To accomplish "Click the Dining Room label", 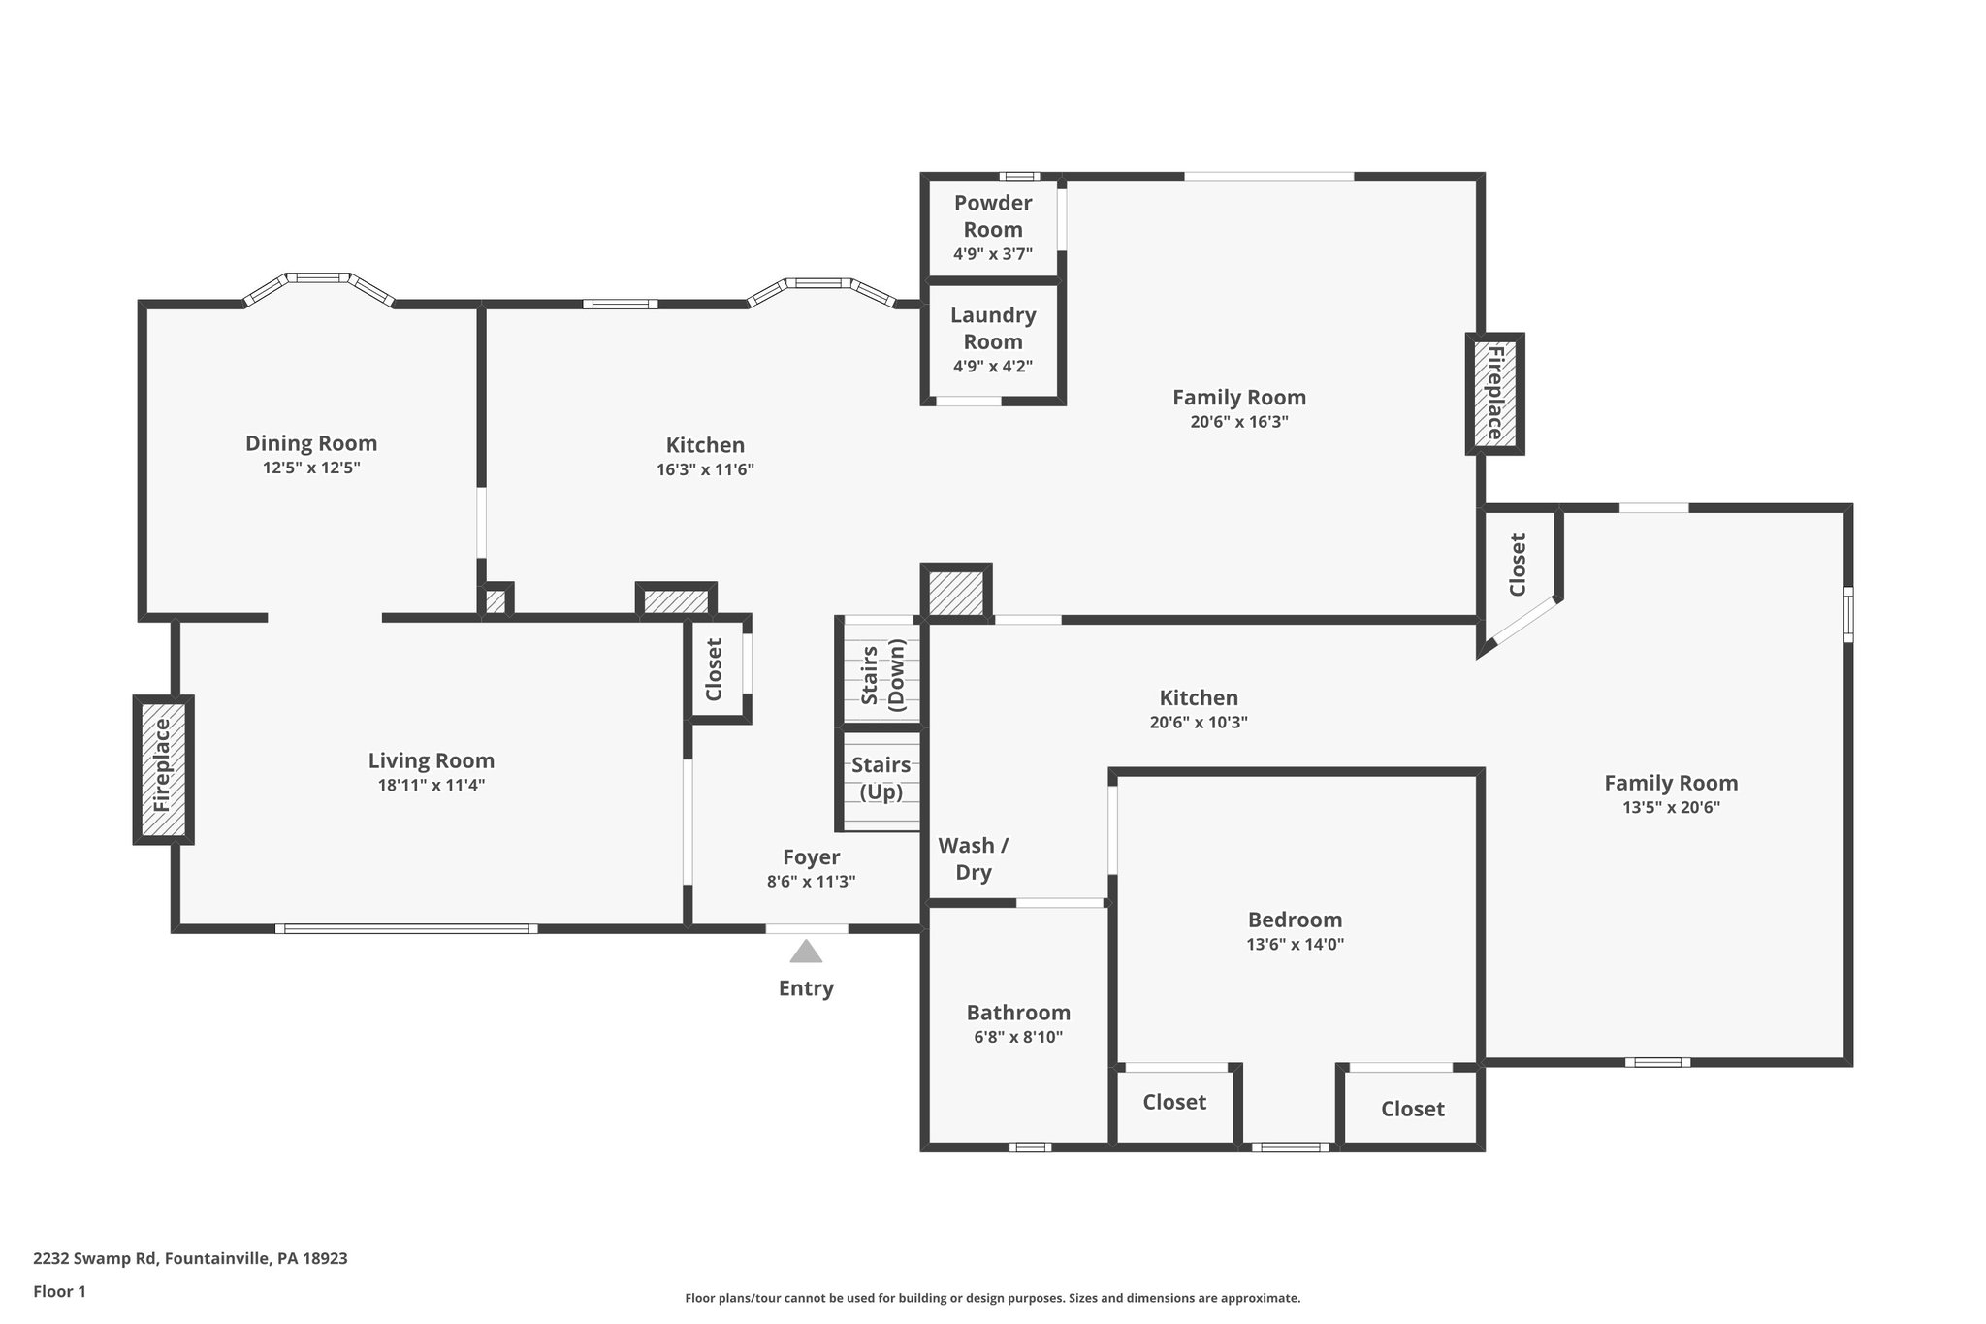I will click(x=310, y=443).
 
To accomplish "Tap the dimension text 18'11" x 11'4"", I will click(x=431, y=785).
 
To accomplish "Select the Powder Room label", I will click(x=992, y=216).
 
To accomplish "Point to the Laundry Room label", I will click(x=992, y=328).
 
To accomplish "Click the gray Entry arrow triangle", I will click(x=805, y=952).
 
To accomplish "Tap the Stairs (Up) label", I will click(x=881, y=778).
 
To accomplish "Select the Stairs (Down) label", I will click(x=881, y=675).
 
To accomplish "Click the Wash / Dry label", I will click(x=973, y=858).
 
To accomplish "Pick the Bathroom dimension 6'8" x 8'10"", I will click(x=1018, y=1037).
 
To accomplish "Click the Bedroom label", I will click(x=1295, y=920).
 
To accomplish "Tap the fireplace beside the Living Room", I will click(x=162, y=769).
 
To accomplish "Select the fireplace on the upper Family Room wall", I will click(x=1494, y=393).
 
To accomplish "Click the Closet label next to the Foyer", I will click(x=715, y=669).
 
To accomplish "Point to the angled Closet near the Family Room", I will click(x=1518, y=565).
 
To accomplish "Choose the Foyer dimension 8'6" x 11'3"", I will click(x=811, y=882).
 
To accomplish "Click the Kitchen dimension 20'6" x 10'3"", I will click(x=1199, y=723).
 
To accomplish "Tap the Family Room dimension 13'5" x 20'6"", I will click(x=1671, y=807).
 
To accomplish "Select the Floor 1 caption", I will click(x=59, y=1291).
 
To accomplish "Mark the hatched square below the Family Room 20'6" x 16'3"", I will click(x=955, y=591).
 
